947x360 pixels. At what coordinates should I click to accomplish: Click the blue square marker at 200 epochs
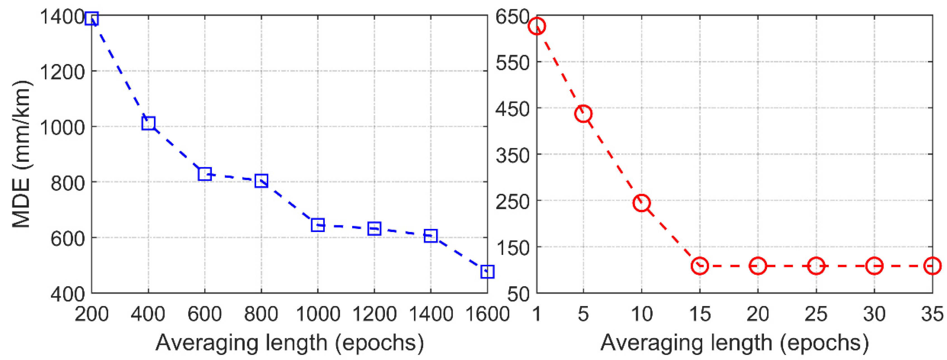(91, 18)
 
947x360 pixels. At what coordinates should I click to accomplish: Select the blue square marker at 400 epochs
(148, 123)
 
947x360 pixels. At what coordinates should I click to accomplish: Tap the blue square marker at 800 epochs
(261, 181)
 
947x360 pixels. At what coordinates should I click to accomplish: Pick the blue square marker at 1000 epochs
(318, 225)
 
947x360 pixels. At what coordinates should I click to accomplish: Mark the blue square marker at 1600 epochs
(487, 272)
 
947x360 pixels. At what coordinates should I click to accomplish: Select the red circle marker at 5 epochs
(583, 114)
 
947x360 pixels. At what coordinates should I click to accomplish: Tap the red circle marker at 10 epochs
(642, 203)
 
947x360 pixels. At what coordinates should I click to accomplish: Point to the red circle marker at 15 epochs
(700, 266)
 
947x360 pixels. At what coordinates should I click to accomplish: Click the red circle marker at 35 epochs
(932, 266)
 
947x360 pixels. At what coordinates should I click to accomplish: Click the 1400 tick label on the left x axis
(430, 314)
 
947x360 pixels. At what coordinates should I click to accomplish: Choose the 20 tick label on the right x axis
(758, 314)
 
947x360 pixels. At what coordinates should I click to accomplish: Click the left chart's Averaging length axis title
(289, 343)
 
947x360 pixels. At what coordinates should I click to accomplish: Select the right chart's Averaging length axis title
(735, 343)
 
